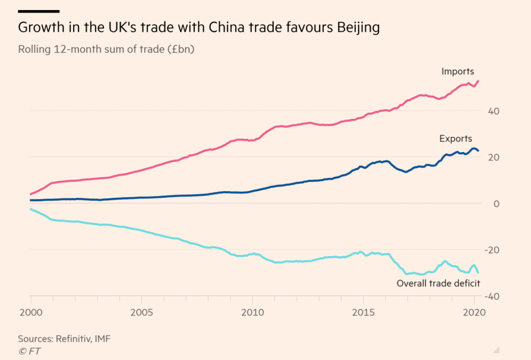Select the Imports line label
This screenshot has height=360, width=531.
coord(457,71)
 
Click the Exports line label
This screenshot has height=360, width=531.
coord(456,139)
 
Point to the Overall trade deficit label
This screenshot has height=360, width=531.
coord(438,283)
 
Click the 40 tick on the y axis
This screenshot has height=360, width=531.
coord(494,111)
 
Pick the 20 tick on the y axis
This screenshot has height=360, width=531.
coord(494,157)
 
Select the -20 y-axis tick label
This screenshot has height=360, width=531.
coord(492,250)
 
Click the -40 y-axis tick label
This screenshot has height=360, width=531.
coord(492,296)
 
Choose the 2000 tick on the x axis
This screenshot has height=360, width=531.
coord(30,312)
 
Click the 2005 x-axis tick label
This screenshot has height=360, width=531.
coord(141,312)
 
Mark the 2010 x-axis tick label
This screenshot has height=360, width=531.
coord(252,312)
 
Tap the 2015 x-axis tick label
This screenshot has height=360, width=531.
coord(364,312)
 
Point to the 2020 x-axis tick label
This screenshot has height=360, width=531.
coord(475,312)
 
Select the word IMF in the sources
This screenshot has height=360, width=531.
coord(102,339)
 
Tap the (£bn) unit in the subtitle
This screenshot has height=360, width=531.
coord(180,49)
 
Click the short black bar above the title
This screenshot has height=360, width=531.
coord(39,11)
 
